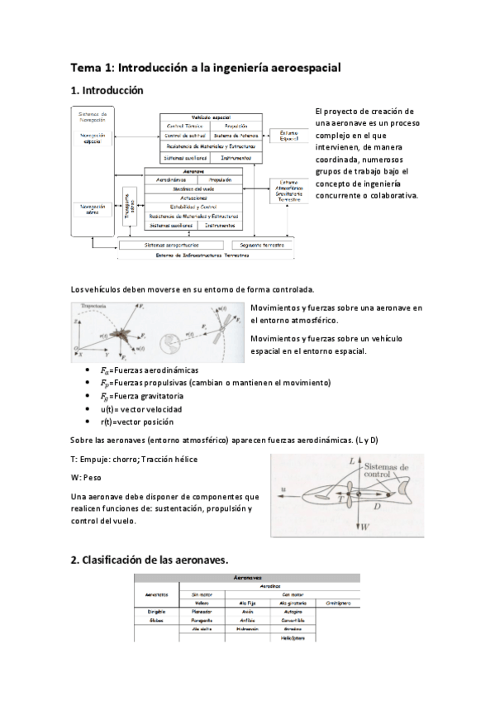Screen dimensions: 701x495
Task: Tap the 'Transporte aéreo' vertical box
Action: pos(129,203)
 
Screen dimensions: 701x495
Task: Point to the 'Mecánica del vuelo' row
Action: pos(194,188)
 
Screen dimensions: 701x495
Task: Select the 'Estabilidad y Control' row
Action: pos(193,207)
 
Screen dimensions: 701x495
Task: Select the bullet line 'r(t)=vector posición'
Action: pos(137,422)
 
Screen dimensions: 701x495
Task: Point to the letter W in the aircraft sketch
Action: pos(364,526)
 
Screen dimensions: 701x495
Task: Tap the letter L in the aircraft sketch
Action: pos(352,458)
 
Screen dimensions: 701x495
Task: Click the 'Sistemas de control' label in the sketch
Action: pos(386,471)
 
